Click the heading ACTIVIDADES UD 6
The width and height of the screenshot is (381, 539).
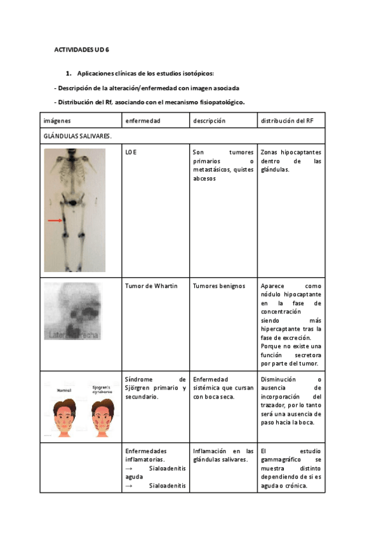coord(81,50)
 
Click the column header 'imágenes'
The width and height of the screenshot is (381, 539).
coord(57,120)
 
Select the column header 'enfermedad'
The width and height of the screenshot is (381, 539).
coord(143,120)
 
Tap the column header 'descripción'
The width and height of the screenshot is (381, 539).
coord(210,120)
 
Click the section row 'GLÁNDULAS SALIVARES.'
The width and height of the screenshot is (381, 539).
coord(77,136)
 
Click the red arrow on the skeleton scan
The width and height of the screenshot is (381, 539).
coord(56,221)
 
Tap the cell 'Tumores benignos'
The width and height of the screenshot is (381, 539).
coord(218,286)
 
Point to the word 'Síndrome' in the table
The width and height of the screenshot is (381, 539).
coord(140,379)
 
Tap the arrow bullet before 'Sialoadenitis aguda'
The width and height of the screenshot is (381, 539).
coord(129,468)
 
